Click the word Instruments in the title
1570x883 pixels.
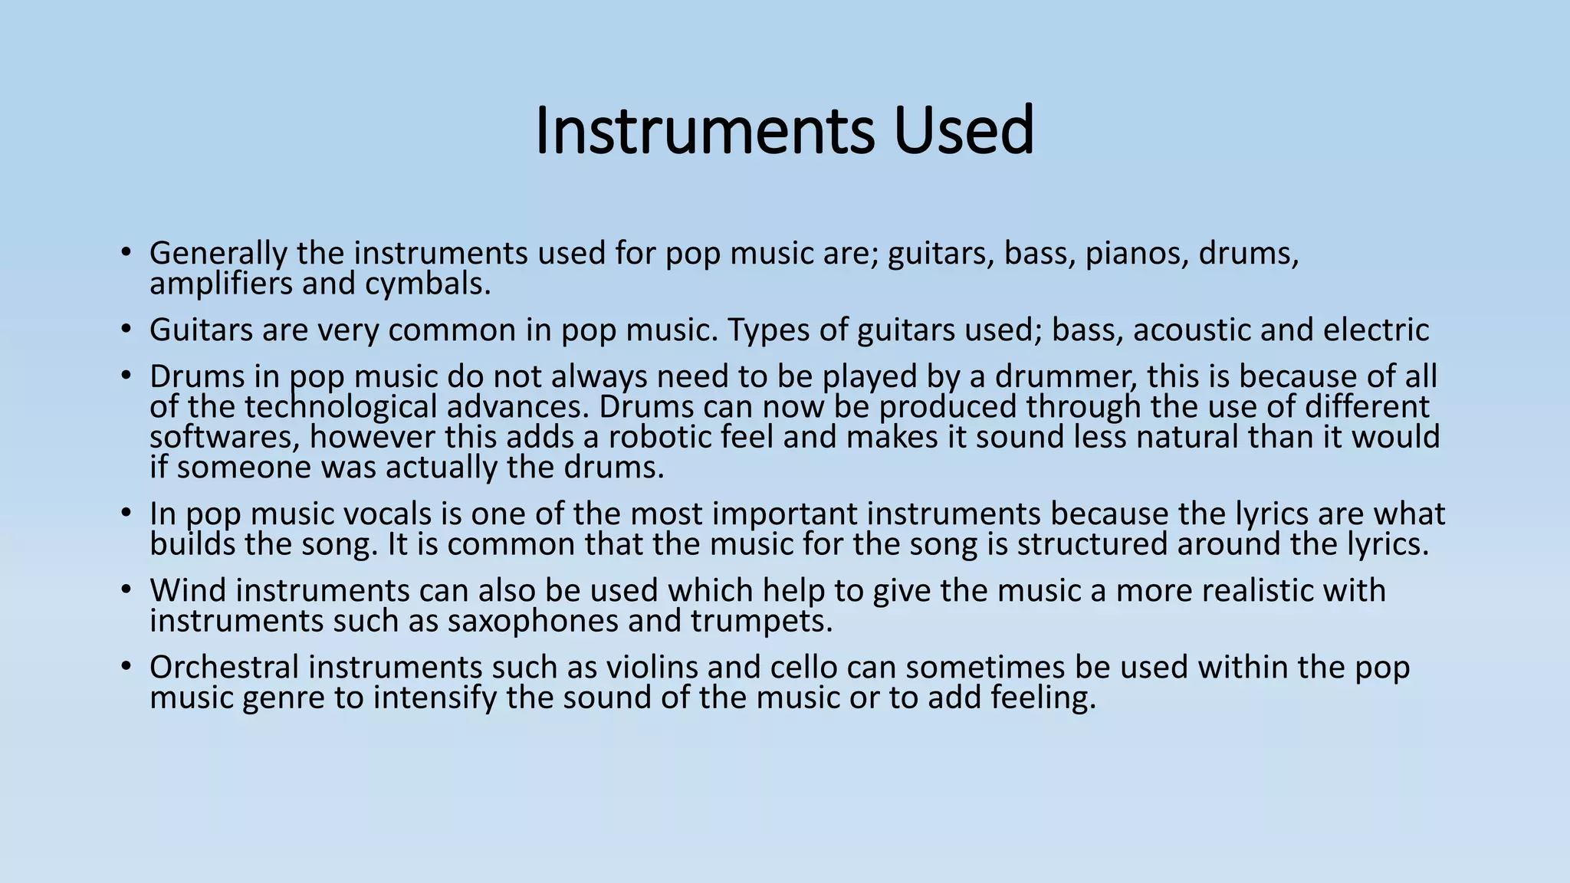(704, 130)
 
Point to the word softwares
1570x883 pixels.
(225, 438)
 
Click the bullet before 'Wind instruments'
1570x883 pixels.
(126, 591)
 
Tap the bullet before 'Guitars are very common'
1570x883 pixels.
(126, 330)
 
